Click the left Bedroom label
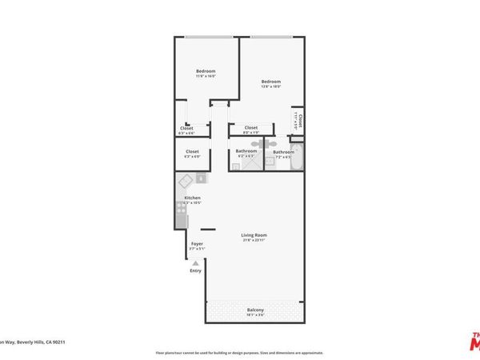pos(206,71)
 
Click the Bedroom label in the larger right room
pos(270,81)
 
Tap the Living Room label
pos(254,234)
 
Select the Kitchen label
pos(192,198)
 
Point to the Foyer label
pos(197,243)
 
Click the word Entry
pos(195,270)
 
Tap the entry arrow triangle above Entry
pos(195,262)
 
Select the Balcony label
pos(255,310)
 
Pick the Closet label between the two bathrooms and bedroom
pos(251,127)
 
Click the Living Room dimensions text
pos(254,241)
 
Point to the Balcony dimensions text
pos(255,315)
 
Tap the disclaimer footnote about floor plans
pos(240,352)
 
